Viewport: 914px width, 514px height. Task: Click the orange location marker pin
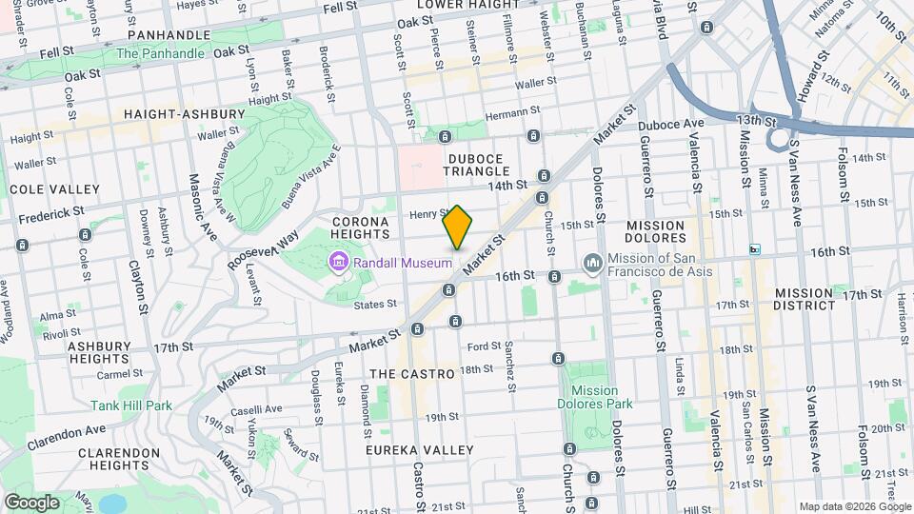(x=457, y=227)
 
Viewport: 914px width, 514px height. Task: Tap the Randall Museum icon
(x=337, y=262)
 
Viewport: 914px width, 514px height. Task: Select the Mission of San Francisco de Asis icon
(x=592, y=262)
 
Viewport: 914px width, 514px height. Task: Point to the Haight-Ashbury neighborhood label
(x=173, y=114)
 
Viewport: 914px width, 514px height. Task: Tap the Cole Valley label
(x=54, y=189)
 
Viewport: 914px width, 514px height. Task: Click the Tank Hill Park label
(x=131, y=405)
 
